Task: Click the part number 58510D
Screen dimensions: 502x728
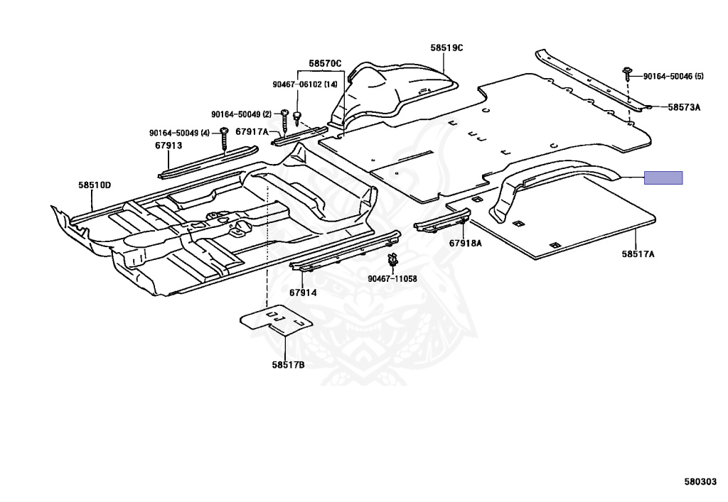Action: click(x=95, y=185)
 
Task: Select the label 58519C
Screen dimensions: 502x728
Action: click(x=446, y=48)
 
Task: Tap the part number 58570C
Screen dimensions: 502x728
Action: click(x=325, y=64)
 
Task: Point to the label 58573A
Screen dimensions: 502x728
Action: click(x=684, y=107)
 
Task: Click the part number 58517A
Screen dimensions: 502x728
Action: click(x=638, y=253)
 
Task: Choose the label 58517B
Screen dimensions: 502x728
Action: click(x=288, y=365)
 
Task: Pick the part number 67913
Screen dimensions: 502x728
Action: click(x=168, y=146)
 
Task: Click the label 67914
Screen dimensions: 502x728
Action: click(x=303, y=293)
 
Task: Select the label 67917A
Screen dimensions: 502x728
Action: click(x=252, y=131)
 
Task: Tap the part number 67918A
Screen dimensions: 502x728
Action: click(x=465, y=243)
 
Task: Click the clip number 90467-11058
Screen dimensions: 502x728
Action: click(x=392, y=279)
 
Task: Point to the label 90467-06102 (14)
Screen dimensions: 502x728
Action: click(x=305, y=84)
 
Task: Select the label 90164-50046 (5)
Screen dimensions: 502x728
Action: click(x=673, y=76)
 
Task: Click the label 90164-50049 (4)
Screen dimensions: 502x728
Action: click(x=179, y=133)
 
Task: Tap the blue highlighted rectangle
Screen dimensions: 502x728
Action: click(x=663, y=178)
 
